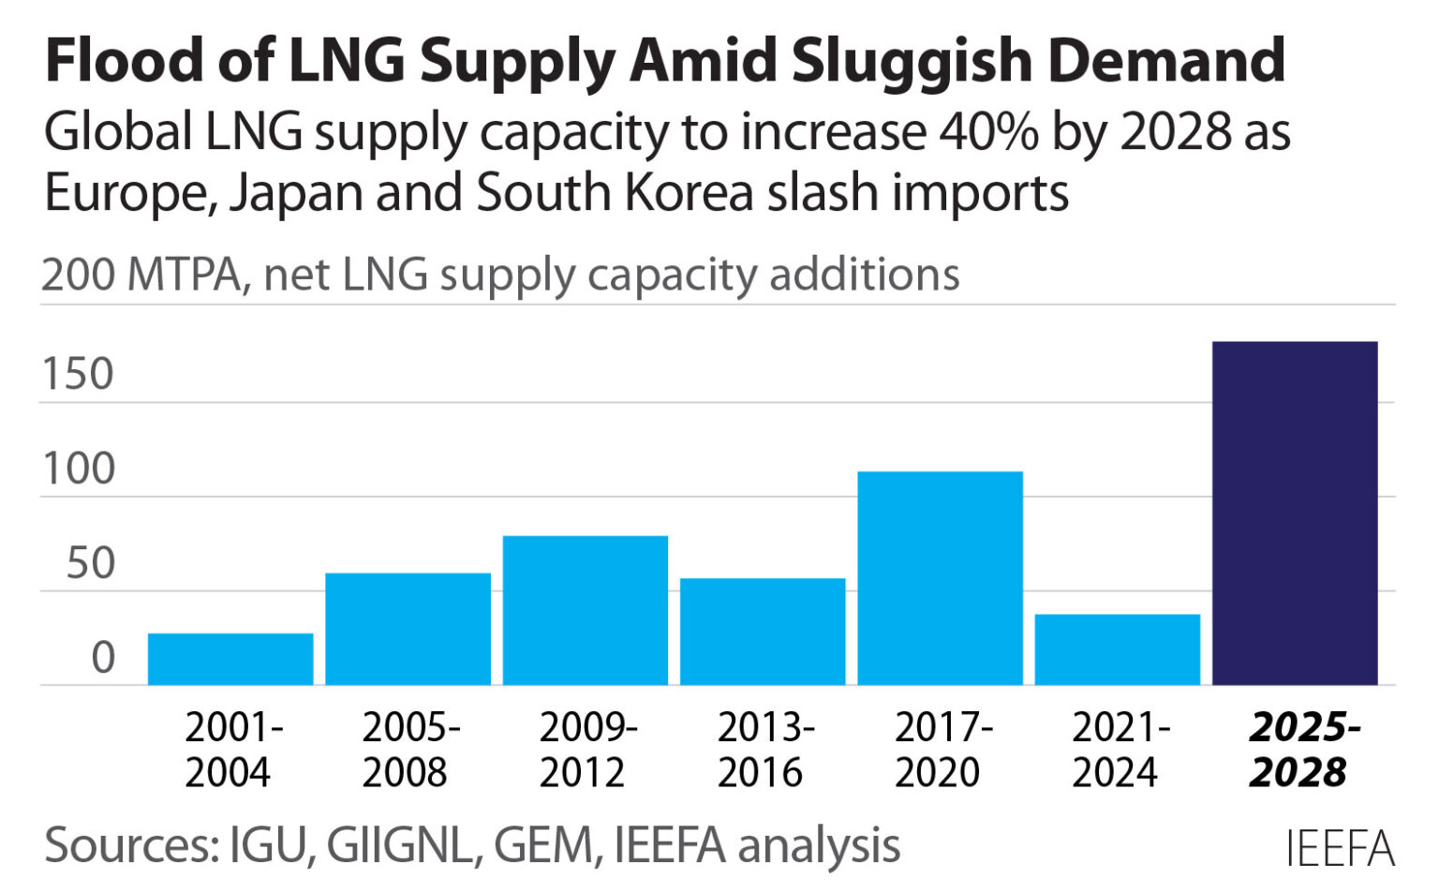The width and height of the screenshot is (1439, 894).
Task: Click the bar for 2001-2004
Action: click(230, 659)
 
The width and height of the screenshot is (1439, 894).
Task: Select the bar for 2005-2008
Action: click(408, 629)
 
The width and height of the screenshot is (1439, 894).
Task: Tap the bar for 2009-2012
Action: click(585, 610)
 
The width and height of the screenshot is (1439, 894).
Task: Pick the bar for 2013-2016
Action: click(763, 632)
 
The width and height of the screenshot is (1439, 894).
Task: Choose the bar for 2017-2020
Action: click(940, 578)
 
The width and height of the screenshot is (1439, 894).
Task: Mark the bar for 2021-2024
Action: click(1117, 649)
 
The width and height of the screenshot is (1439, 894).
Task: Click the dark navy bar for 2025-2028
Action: click(1295, 514)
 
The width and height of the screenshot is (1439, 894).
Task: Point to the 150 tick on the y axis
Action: click(78, 374)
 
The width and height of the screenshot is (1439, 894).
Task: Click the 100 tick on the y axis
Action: click(78, 469)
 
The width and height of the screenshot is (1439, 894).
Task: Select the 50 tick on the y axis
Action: click(90, 563)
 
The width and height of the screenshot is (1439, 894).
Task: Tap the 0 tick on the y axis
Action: click(103, 658)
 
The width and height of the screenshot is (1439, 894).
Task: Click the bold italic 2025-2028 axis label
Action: click(1302, 750)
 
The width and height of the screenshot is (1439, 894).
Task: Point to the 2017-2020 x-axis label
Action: click(941, 750)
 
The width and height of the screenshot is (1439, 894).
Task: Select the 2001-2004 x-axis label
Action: click(230, 750)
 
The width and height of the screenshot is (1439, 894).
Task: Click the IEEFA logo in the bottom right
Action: click(1339, 849)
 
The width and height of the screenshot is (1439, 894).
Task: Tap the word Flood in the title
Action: click(124, 61)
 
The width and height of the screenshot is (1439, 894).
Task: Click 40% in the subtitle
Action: click(988, 132)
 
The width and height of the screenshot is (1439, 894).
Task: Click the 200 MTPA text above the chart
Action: click(141, 276)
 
